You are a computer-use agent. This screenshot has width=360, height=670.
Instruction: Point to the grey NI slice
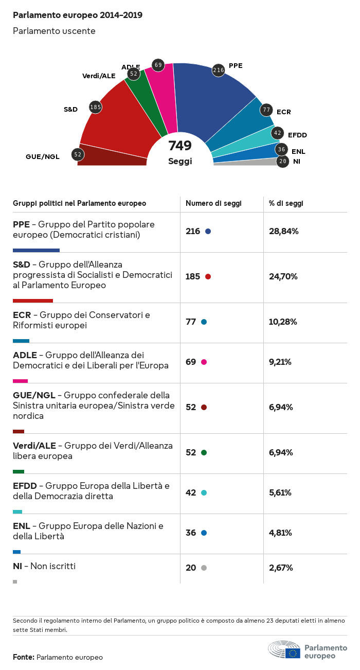coord(247,162)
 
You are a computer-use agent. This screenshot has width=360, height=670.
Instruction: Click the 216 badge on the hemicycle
coord(219,70)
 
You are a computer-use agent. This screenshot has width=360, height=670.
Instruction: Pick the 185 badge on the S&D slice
coord(95,107)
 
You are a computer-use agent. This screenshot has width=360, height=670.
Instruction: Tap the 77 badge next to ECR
coord(266,110)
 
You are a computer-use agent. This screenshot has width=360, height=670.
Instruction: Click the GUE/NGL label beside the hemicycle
coord(43,156)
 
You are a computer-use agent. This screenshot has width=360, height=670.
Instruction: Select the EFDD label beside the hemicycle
coord(297,135)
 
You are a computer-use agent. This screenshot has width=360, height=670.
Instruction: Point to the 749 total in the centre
coord(180,146)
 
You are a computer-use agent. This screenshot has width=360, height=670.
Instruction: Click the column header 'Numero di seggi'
coord(213,203)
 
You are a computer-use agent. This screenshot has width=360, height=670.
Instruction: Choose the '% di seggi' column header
coord(286,203)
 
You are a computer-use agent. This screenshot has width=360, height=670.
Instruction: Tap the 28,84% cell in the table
coord(284,231)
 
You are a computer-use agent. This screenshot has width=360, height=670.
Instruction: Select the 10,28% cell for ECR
coord(283,322)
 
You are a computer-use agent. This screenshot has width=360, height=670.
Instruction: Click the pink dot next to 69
coord(204,362)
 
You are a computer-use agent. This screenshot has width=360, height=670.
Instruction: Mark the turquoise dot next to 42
coord(204,492)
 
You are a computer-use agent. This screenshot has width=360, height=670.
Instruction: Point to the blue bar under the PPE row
coord(36,250)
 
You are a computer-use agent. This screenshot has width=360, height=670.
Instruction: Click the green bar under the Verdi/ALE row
coord(19,471)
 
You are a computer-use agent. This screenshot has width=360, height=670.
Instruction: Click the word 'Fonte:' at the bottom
coord(24,657)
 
